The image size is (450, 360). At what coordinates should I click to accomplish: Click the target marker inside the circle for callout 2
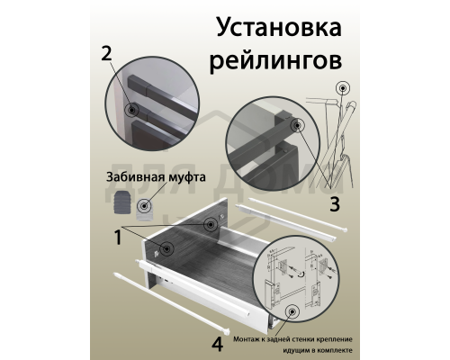tap(133, 109)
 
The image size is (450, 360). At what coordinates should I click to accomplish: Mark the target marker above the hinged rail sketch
tap(344, 89)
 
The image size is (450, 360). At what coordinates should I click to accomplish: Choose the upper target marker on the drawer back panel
tap(209, 224)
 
